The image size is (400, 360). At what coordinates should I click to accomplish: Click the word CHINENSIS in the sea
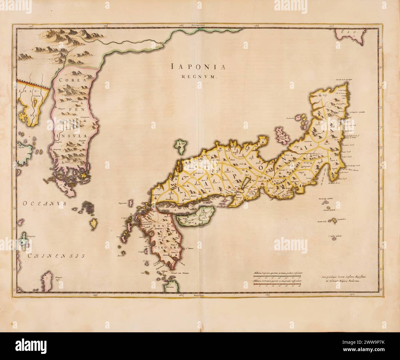coord(55,255)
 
